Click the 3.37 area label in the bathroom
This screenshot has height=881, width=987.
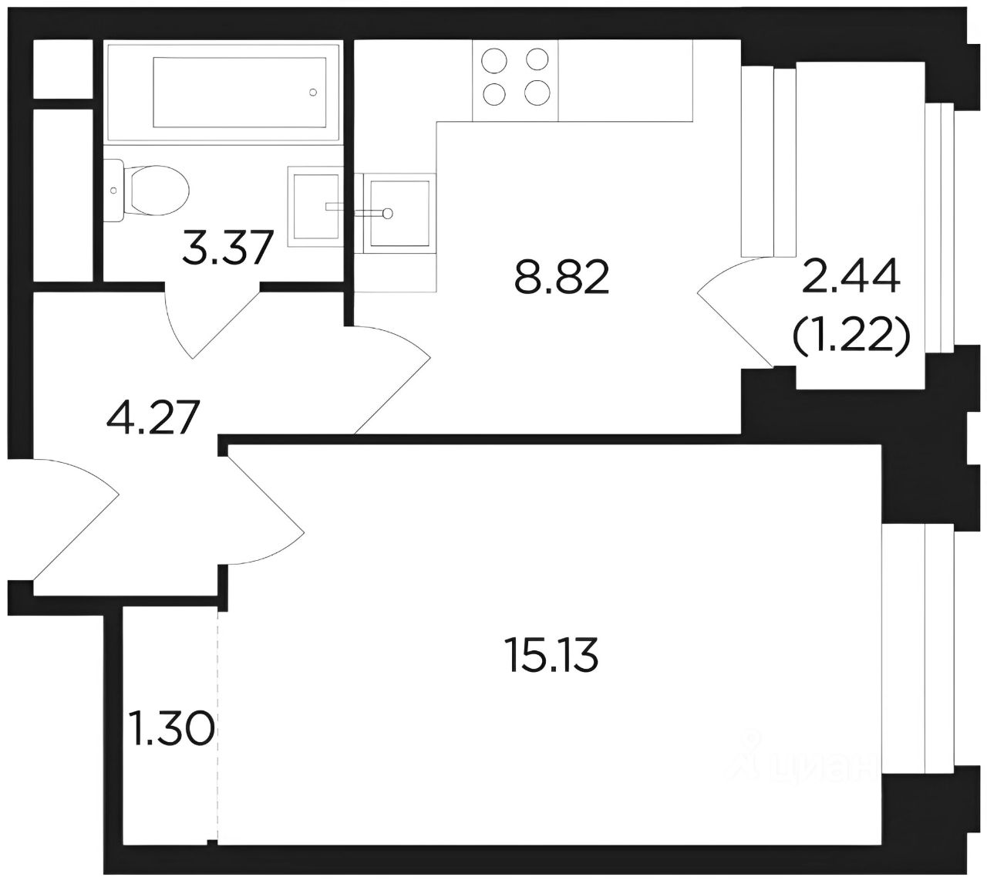pyautogui.click(x=226, y=248)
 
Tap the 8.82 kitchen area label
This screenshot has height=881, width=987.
pyautogui.click(x=561, y=277)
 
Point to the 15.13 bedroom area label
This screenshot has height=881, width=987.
pyautogui.click(x=551, y=656)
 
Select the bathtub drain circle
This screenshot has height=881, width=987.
pyautogui.click(x=313, y=92)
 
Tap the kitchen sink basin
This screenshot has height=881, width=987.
pyautogui.click(x=399, y=213)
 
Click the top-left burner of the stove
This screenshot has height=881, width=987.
pyautogui.click(x=494, y=61)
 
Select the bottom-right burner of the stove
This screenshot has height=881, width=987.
pyautogui.click(x=537, y=93)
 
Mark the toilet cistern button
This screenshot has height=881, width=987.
pyautogui.click(x=113, y=191)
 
